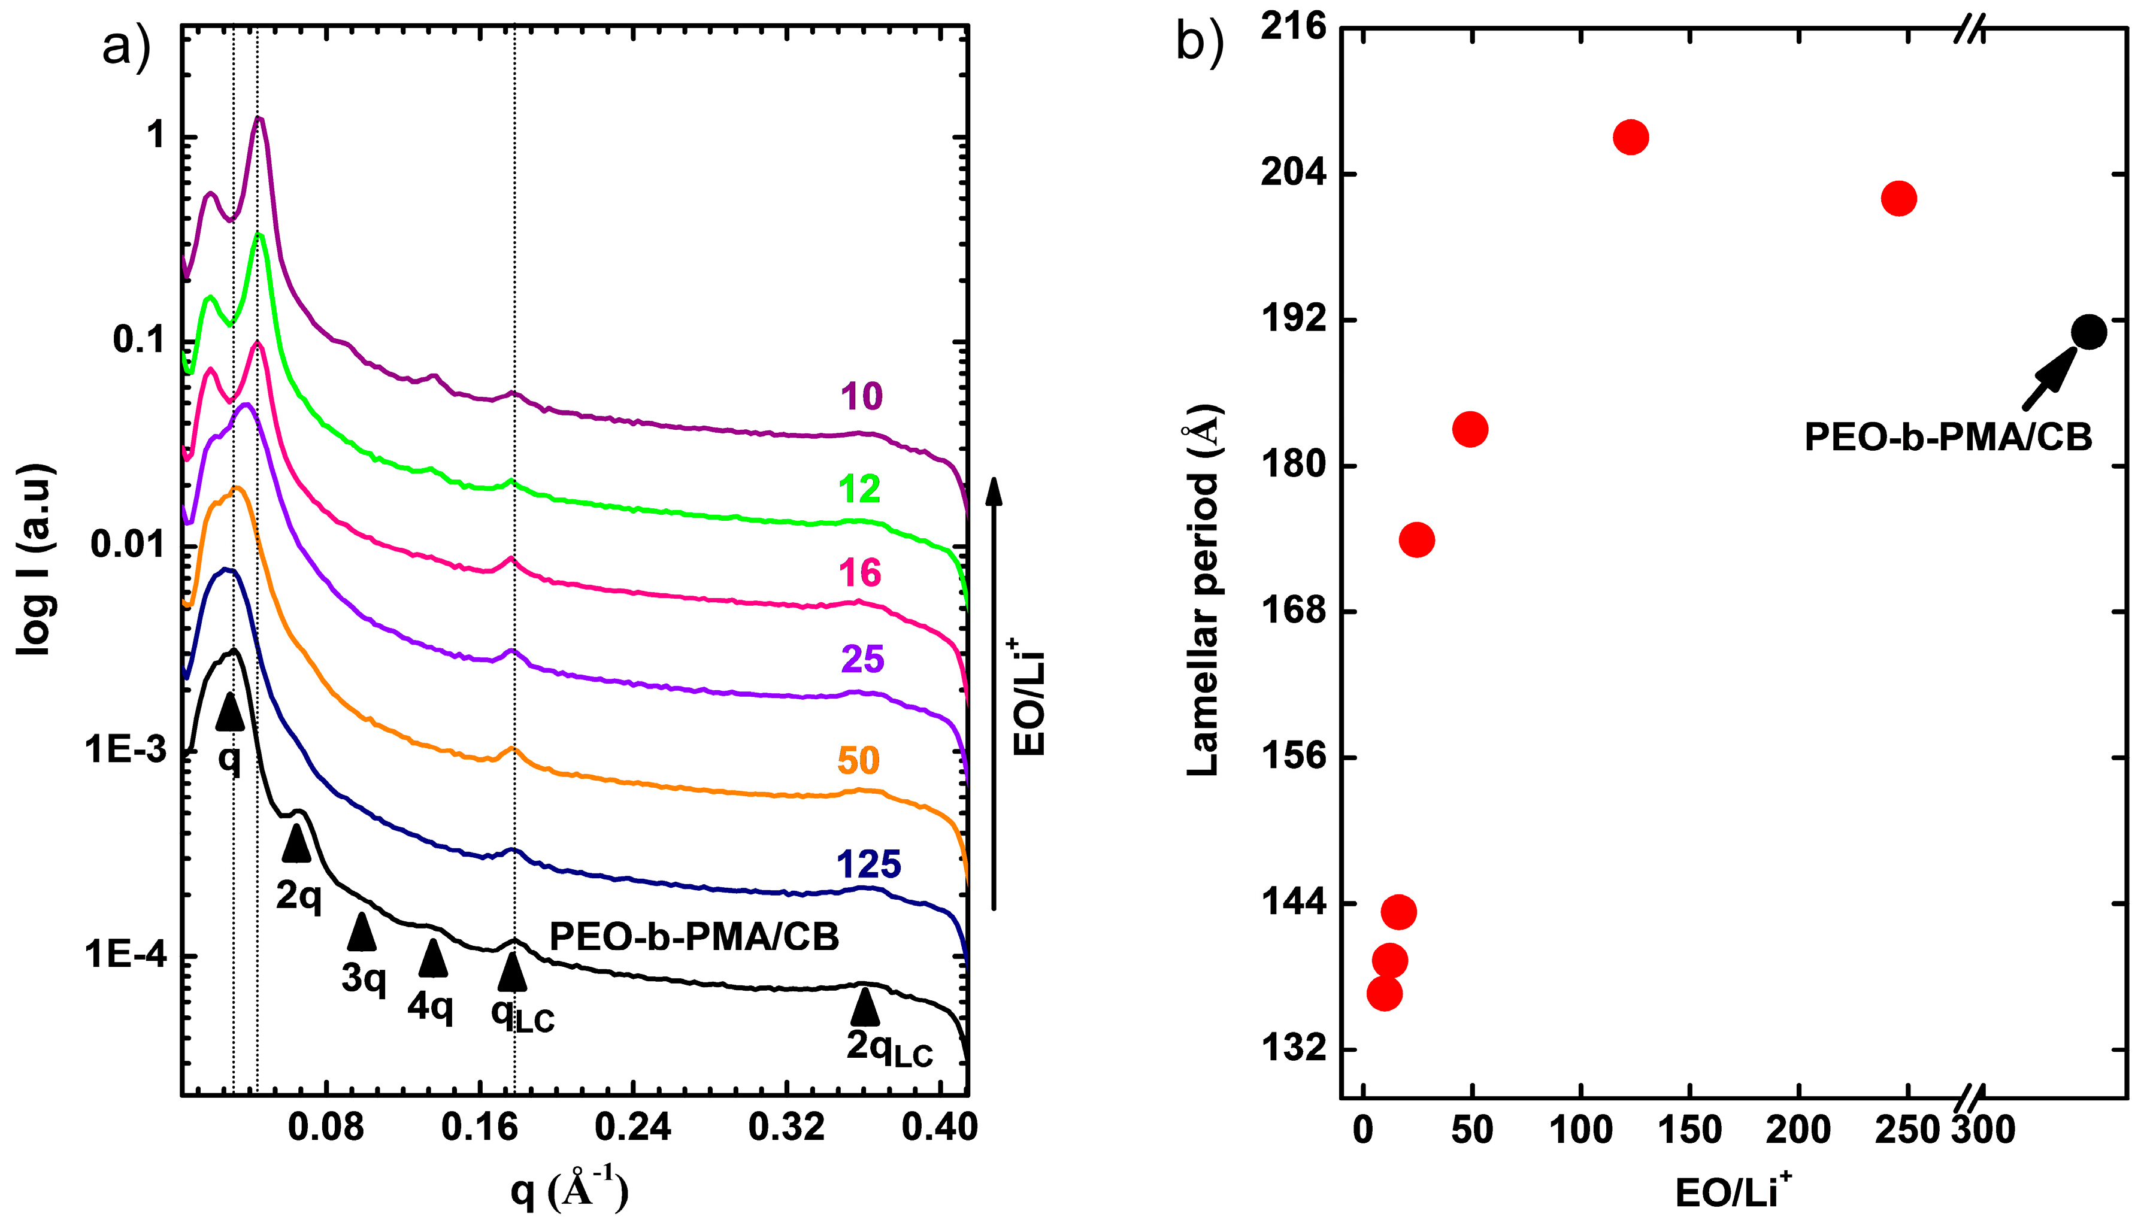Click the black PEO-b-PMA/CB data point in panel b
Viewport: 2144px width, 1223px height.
2088,332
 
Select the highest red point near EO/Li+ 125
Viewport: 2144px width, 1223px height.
1631,137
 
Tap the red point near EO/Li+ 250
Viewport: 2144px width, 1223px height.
1898,198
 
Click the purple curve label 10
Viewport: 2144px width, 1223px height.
861,396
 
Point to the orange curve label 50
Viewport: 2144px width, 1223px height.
858,760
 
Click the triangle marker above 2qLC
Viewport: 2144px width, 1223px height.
865,1007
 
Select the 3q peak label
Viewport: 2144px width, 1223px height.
363,978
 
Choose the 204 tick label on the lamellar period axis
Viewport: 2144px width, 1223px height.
1293,173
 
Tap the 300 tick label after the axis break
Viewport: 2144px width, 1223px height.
1983,1129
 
